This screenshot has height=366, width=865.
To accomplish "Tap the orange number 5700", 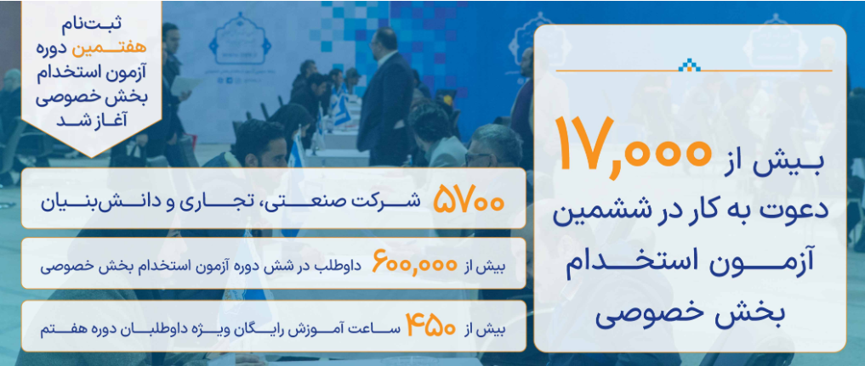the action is click(x=469, y=200).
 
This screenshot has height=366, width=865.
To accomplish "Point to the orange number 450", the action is click(x=431, y=326).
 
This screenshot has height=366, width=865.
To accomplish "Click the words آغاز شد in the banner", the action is click(x=92, y=120).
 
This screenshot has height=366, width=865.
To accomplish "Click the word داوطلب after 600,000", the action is click(x=341, y=267).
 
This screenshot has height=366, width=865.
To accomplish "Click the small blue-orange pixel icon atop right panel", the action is click(x=689, y=65).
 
